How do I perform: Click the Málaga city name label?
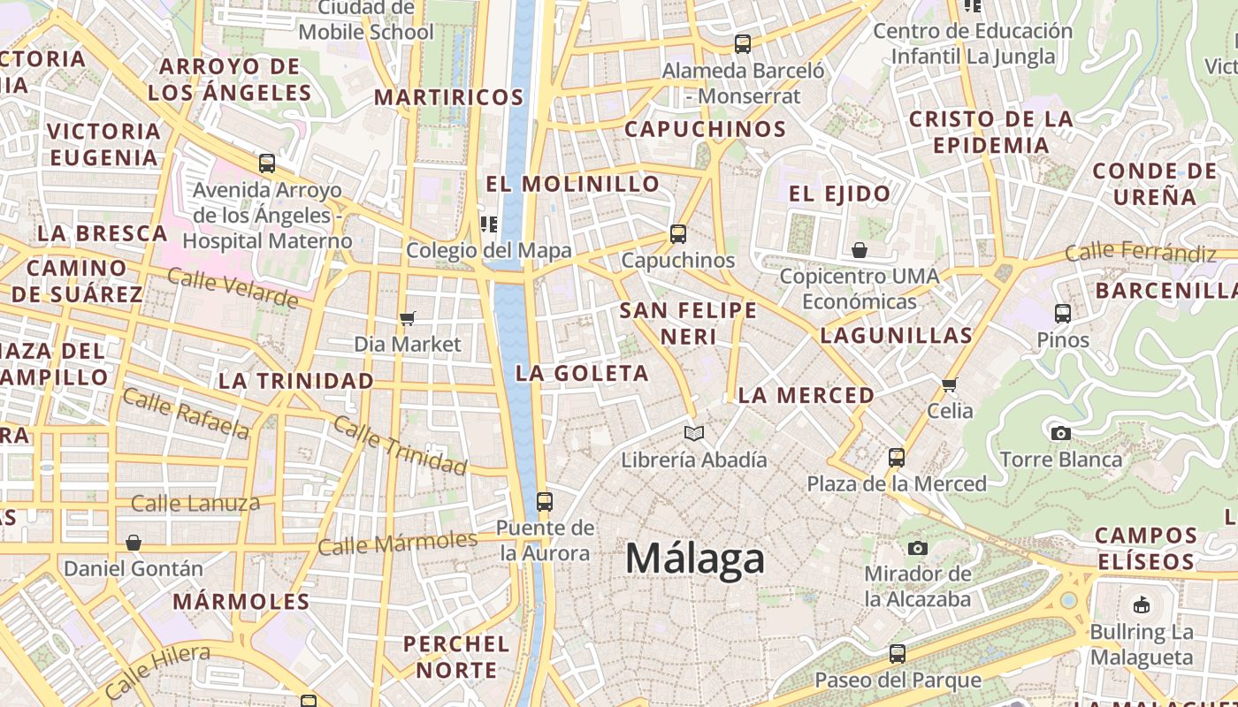(x=695, y=559)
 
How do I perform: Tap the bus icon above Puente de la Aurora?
(x=545, y=502)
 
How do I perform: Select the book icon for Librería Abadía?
(x=694, y=433)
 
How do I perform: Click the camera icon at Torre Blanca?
(x=1060, y=433)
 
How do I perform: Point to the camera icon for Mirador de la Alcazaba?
(x=918, y=548)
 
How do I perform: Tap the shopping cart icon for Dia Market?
(x=408, y=318)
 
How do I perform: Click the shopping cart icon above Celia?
(x=950, y=384)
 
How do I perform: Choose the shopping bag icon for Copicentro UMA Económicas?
(x=859, y=250)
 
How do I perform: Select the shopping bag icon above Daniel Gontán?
(x=134, y=542)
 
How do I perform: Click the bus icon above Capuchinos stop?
(x=678, y=234)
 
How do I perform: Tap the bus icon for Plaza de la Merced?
(x=897, y=458)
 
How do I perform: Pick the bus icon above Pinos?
(x=1063, y=313)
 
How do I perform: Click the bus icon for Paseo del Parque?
(x=898, y=654)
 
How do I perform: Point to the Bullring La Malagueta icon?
(x=1142, y=605)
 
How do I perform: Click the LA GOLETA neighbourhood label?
(x=582, y=373)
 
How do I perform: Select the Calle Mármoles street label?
(x=398, y=543)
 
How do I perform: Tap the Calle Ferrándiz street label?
(x=1141, y=253)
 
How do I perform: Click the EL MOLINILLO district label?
(x=573, y=184)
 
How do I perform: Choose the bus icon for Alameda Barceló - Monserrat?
(x=743, y=43)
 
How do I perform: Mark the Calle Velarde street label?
(x=233, y=289)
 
